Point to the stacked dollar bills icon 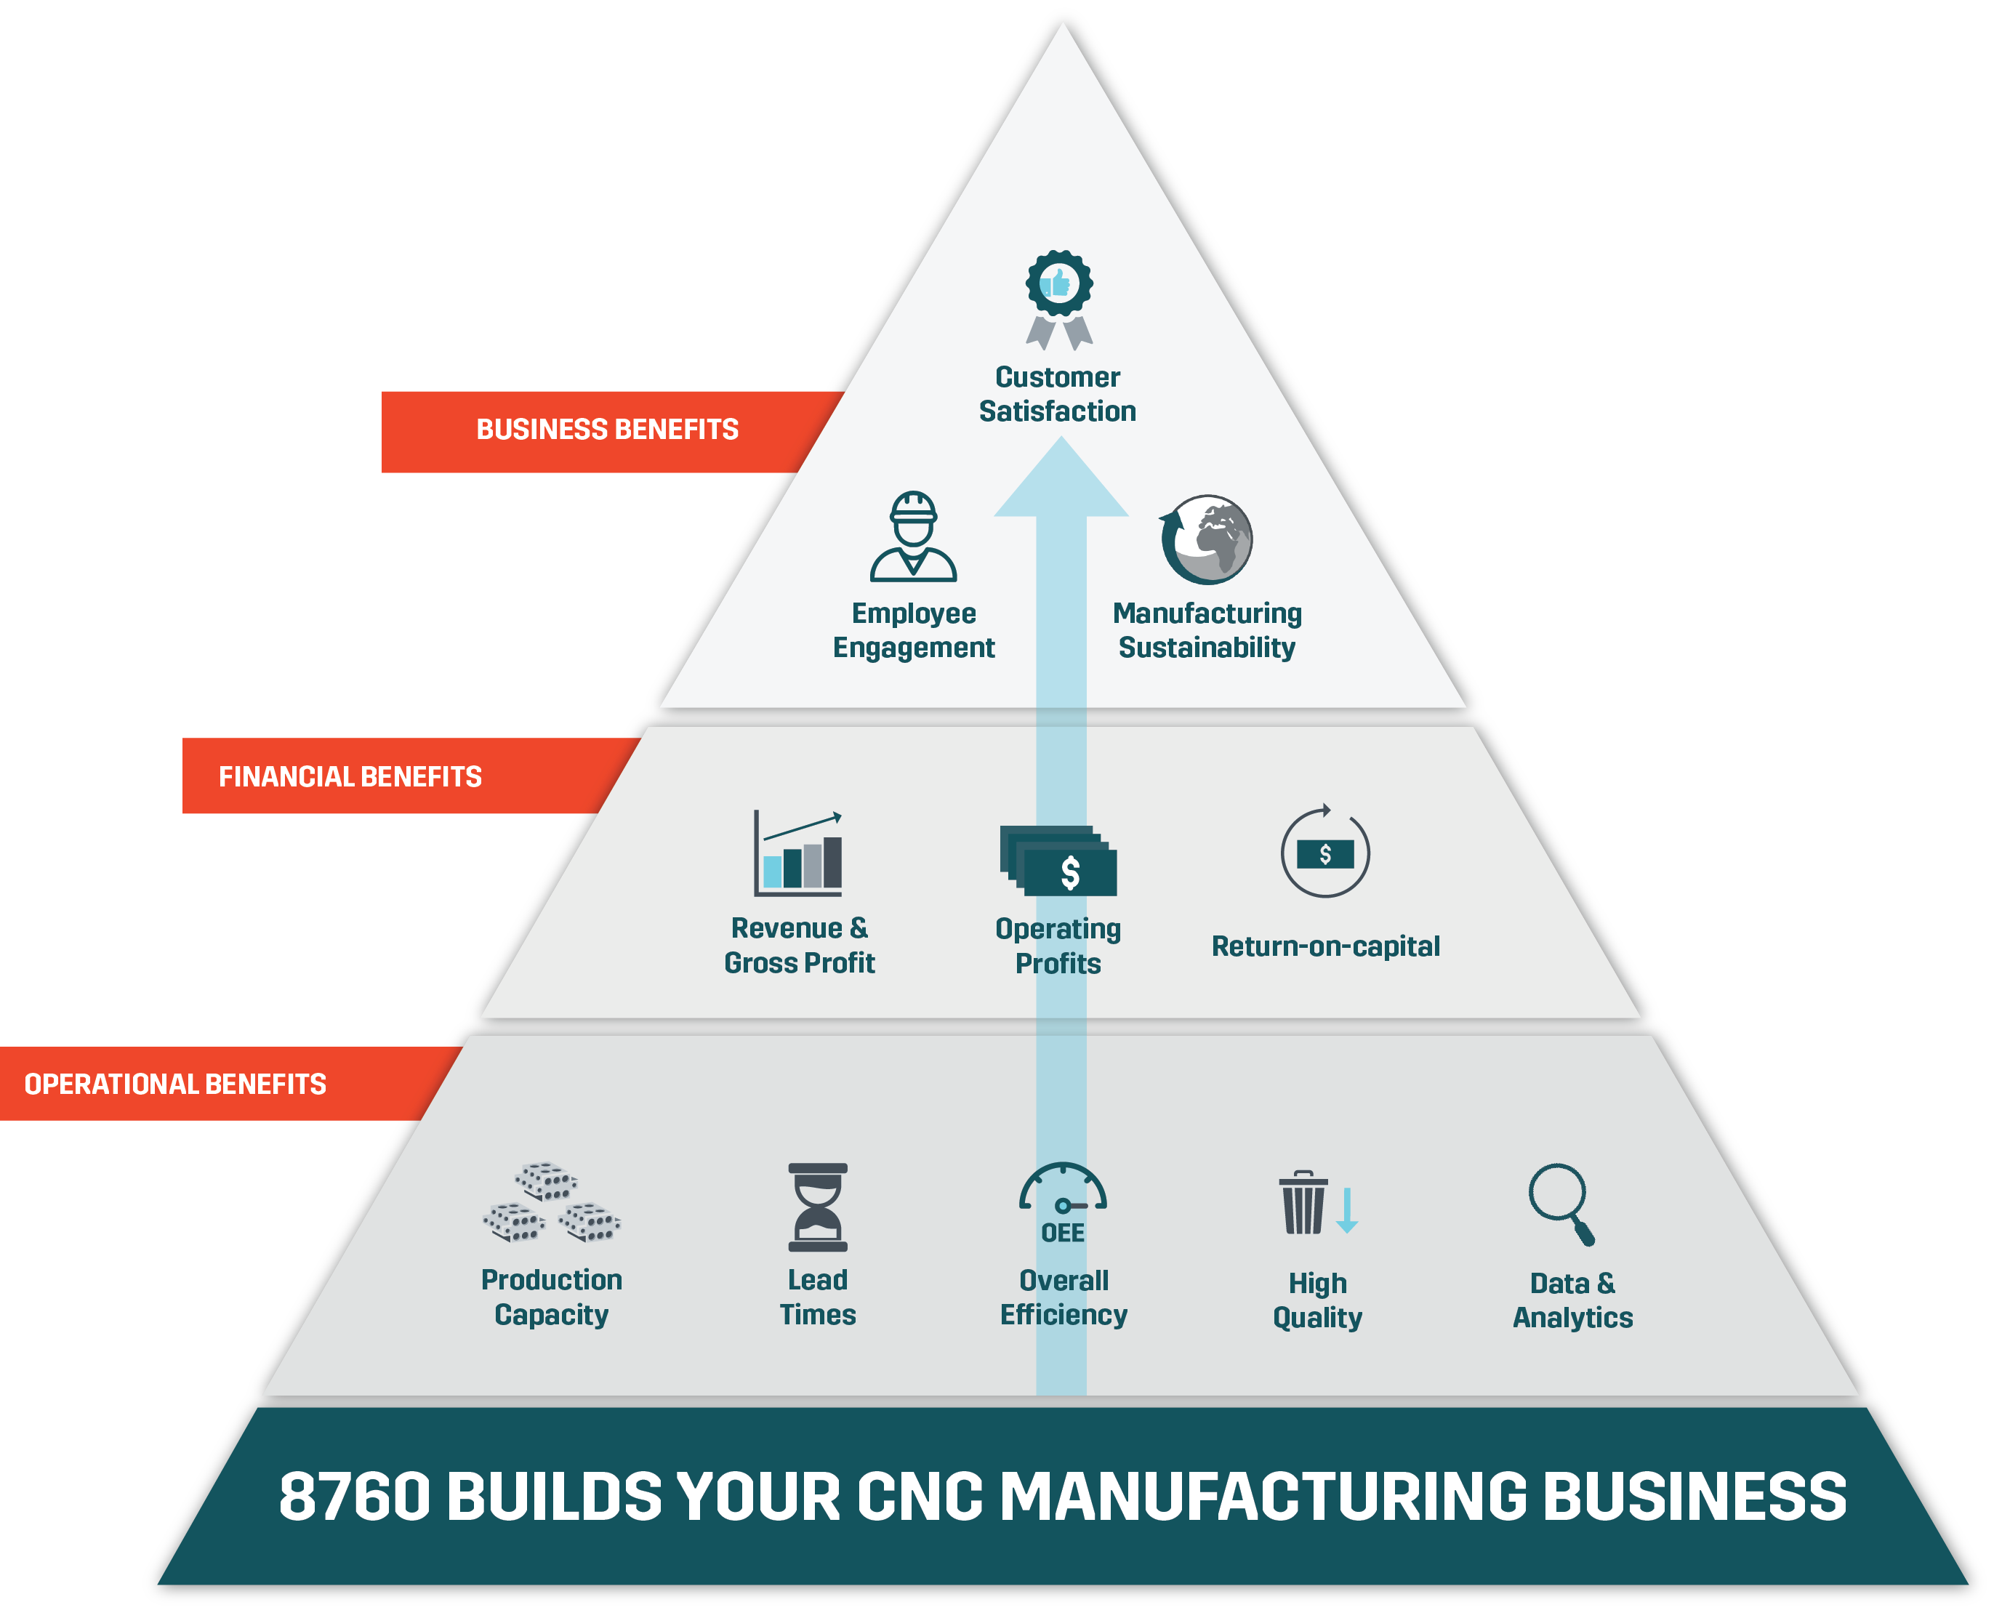pos(1058,860)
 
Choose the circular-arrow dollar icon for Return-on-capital pos(1324,853)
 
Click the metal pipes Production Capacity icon pos(551,1202)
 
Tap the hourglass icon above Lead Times pos(817,1207)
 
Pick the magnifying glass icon pos(1561,1203)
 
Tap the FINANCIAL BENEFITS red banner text pos(350,776)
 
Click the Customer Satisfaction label pos(1057,394)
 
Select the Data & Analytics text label pos(1572,1300)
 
